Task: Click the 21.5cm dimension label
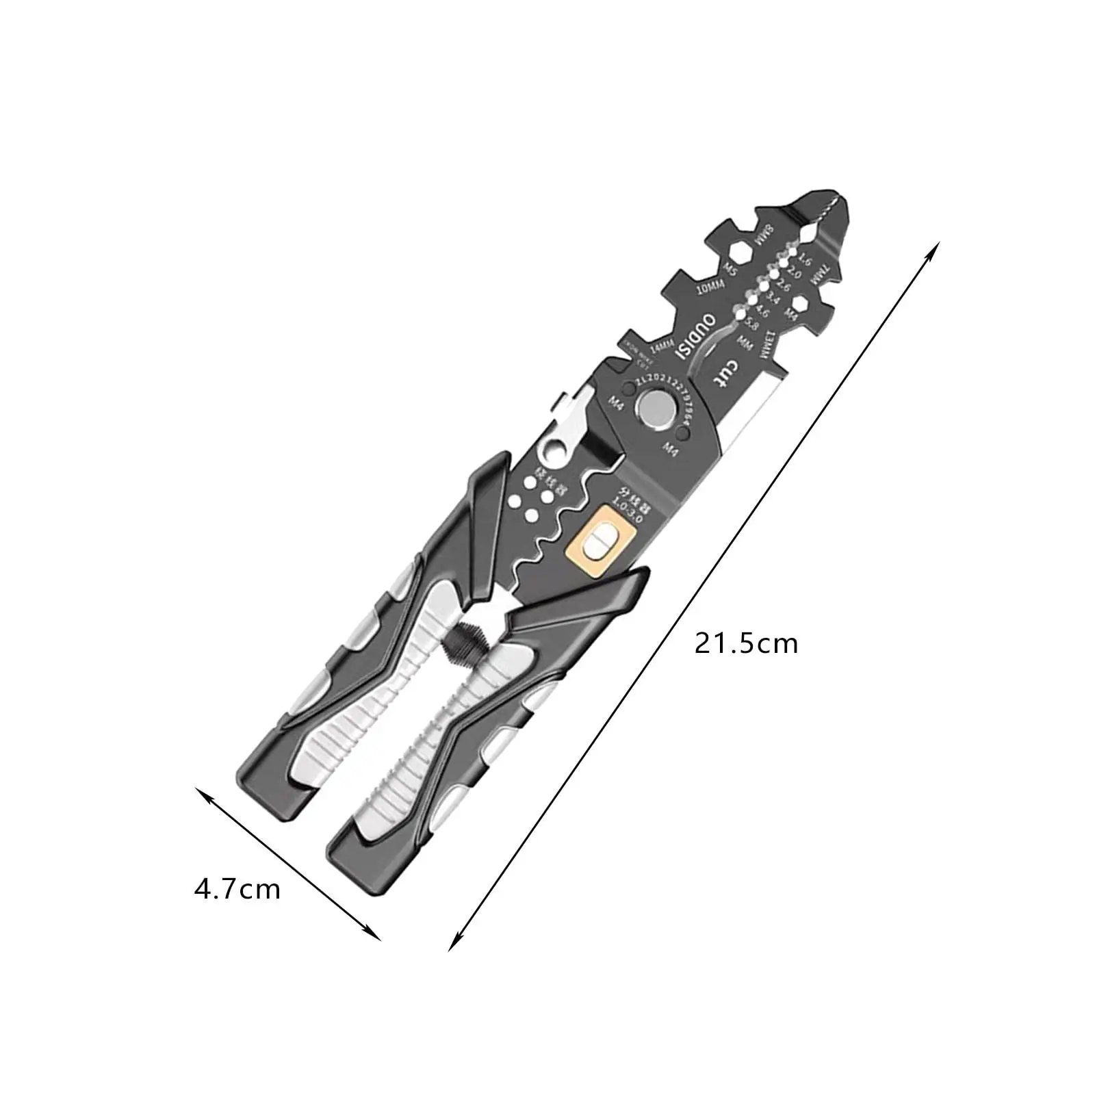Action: (746, 644)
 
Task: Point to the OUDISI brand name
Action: (695, 337)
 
